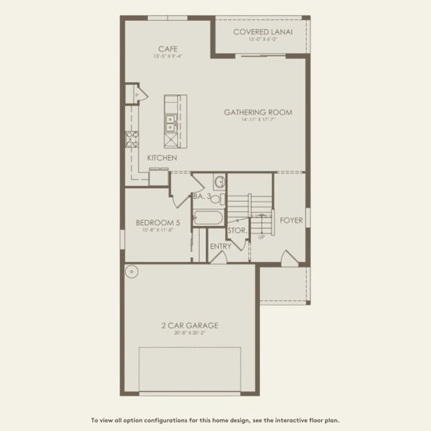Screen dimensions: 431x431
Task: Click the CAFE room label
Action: (x=168, y=49)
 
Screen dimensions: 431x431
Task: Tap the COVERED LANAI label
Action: (x=261, y=32)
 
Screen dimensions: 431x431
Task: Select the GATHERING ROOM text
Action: (x=258, y=112)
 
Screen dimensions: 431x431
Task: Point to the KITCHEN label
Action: (x=162, y=157)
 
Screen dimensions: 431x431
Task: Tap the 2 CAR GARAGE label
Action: (x=190, y=325)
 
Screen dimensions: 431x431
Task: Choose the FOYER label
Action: (x=291, y=220)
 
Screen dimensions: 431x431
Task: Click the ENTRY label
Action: (x=221, y=246)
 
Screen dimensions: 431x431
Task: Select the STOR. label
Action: (x=237, y=231)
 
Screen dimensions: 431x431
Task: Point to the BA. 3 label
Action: (x=202, y=196)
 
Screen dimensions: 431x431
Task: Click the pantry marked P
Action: (x=134, y=93)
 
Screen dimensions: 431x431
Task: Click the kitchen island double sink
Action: (x=171, y=124)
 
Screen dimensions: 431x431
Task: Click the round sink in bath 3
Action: (x=220, y=182)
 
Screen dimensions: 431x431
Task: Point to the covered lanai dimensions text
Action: (x=261, y=40)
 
